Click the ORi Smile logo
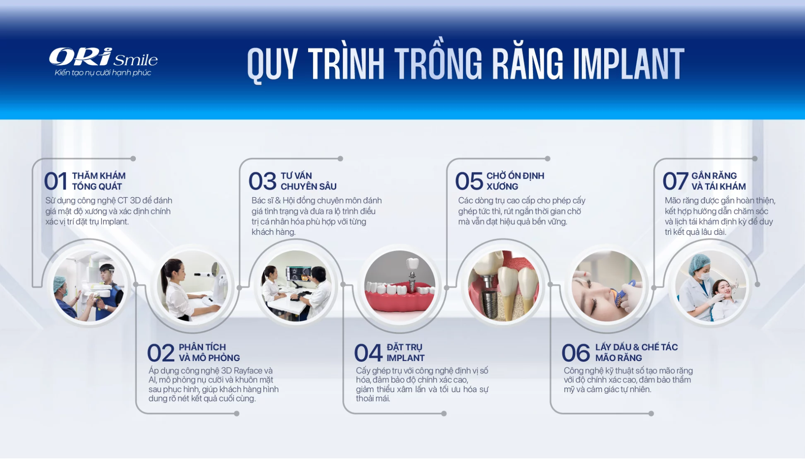(x=103, y=57)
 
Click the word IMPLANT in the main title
(x=628, y=64)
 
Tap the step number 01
(x=55, y=181)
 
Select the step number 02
(x=161, y=353)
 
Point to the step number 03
(x=262, y=181)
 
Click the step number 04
(x=368, y=353)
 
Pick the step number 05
(x=469, y=181)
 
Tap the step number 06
(x=576, y=353)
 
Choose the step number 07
(x=675, y=181)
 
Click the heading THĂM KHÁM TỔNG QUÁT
(x=99, y=181)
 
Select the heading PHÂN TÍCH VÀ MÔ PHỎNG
(x=209, y=353)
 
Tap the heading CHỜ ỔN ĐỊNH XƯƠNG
(x=515, y=181)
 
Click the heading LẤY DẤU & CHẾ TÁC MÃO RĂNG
(x=636, y=353)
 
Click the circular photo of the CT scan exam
(x=88, y=286)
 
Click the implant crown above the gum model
(x=413, y=263)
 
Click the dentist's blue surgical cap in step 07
(x=699, y=262)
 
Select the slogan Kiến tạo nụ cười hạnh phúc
(x=103, y=73)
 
